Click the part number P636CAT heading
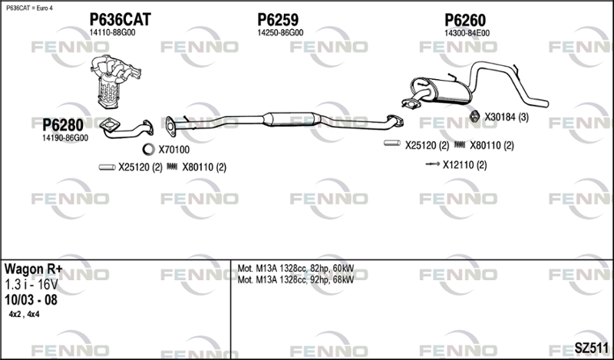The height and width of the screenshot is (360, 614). (x=120, y=19)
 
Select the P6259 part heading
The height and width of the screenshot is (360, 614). (x=278, y=19)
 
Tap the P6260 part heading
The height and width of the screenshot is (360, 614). (x=465, y=20)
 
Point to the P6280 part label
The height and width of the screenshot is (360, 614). (x=63, y=125)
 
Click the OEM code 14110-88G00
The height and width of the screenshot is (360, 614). (x=112, y=33)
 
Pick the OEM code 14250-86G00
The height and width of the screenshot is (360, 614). (x=280, y=33)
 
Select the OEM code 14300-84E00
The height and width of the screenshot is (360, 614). (x=467, y=33)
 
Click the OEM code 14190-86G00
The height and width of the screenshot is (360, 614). (x=65, y=138)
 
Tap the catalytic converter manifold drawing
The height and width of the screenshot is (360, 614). (x=114, y=81)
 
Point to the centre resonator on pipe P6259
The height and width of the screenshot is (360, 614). (x=292, y=119)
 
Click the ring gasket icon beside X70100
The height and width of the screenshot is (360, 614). (x=148, y=149)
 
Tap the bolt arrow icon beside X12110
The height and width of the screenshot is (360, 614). (x=432, y=163)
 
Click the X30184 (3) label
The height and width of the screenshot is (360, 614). (x=507, y=117)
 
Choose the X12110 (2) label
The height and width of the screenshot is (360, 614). (x=465, y=165)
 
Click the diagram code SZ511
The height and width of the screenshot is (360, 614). (x=591, y=348)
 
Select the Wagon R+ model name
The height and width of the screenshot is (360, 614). (x=33, y=269)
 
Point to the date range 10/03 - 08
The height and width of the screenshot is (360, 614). (x=31, y=300)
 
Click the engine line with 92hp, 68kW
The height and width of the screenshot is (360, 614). (x=295, y=279)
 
